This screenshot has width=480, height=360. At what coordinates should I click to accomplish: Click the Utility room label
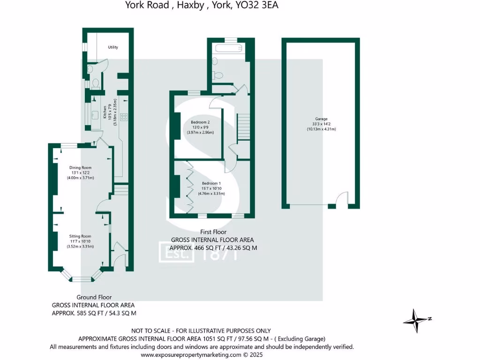pos(113,47)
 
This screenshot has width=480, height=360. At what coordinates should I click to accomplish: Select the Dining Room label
pos(80,167)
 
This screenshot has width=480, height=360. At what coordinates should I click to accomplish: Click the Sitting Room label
pos(80,236)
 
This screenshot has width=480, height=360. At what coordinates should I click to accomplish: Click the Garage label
pos(321,119)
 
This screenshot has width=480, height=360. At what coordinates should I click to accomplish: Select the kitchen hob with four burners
pos(124,117)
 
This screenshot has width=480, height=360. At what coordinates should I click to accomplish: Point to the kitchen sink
pos(94,114)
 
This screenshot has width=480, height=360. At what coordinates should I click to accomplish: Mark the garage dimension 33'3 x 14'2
pos(321,124)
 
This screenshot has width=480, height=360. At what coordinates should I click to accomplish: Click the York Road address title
pos(198,6)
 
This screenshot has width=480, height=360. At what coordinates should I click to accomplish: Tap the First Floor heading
pos(213,232)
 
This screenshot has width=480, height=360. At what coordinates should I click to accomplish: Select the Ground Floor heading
pos(94,297)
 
